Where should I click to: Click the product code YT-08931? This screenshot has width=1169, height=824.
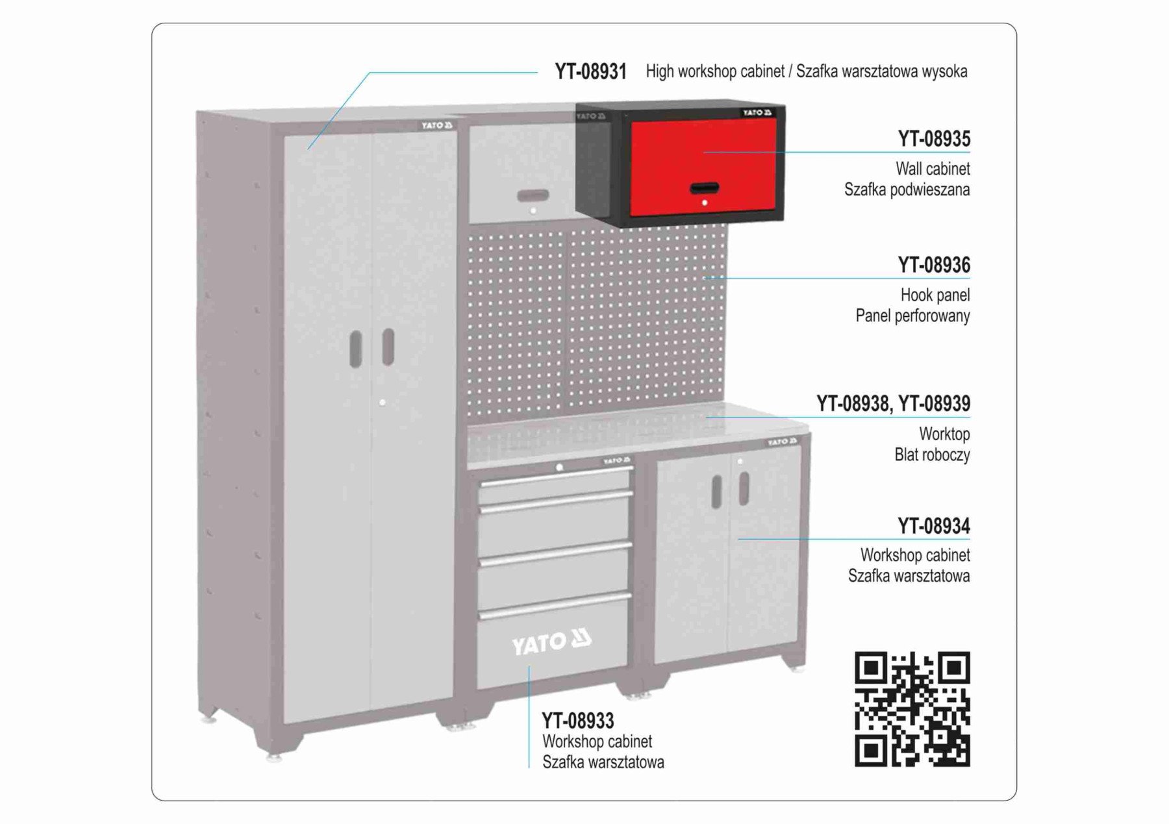pos(590,71)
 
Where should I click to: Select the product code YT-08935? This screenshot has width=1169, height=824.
pos(934,139)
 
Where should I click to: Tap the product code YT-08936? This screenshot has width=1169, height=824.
pos(934,265)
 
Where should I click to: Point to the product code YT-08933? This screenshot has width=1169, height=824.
pos(578,721)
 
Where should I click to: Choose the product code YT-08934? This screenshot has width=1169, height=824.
pos(934,526)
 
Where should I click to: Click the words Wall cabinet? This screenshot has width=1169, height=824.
pos(933,169)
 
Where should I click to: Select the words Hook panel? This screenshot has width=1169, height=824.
pos(935,295)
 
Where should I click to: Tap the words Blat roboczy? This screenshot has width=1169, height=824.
pos(932,455)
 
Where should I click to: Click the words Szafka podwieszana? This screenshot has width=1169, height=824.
pos(907,190)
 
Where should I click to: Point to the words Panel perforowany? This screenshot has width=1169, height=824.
pos(912,316)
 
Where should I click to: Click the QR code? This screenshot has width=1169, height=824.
pos(912,709)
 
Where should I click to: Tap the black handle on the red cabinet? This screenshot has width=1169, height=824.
pos(704,188)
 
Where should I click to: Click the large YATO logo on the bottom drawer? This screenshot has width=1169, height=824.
pos(551,642)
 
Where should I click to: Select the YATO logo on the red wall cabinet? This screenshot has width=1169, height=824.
pos(758,113)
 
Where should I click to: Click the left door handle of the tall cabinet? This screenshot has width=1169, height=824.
pos(356,349)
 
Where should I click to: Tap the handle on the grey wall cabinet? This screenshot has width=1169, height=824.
pos(533,195)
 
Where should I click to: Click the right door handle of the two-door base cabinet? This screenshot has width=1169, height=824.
pos(744,488)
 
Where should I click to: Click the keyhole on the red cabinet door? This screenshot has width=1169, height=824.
pos(705,203)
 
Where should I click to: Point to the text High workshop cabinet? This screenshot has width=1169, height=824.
pos(715,71)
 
